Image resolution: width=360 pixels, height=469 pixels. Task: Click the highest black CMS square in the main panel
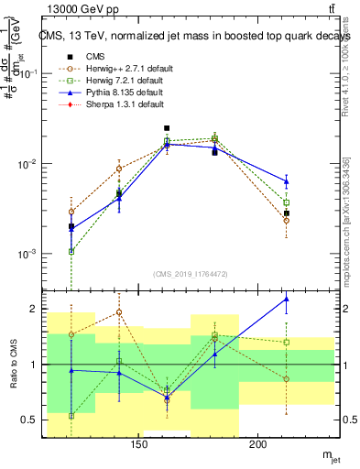[167, 129]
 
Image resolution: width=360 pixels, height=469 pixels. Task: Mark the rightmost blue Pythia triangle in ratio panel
[287, 299]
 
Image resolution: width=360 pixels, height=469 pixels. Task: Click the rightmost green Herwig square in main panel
[287, 202]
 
